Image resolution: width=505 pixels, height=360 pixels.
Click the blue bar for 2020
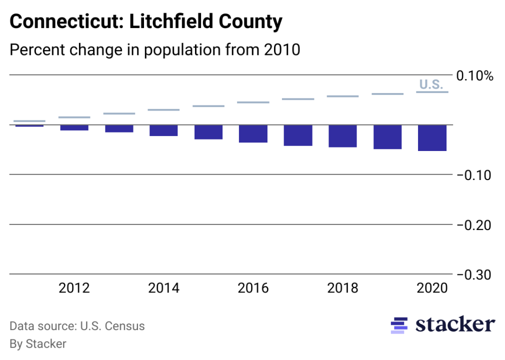(x=432, y=137)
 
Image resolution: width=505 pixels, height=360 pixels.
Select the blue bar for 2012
(x=74, y=128)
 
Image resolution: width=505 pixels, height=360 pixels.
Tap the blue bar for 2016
(x=253, y=133)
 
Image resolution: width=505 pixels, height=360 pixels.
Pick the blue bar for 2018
(x=342, y=136)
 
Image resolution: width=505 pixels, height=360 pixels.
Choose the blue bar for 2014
(x=163, y=130)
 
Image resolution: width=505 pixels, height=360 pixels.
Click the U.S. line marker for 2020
(x=432, y=92)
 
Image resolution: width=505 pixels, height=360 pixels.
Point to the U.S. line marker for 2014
(x=163, y=109)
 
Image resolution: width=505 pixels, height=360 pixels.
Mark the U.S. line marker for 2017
(x=298, y=99)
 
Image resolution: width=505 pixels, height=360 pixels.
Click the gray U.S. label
(x=430, y=84)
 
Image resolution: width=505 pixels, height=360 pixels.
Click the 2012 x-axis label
(x=74, y=288)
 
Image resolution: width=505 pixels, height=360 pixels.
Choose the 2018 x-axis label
(x=342, y=288)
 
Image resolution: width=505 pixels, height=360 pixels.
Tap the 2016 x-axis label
(x=253, y=288)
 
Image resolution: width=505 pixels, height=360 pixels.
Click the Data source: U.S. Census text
(x=77, y=326)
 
